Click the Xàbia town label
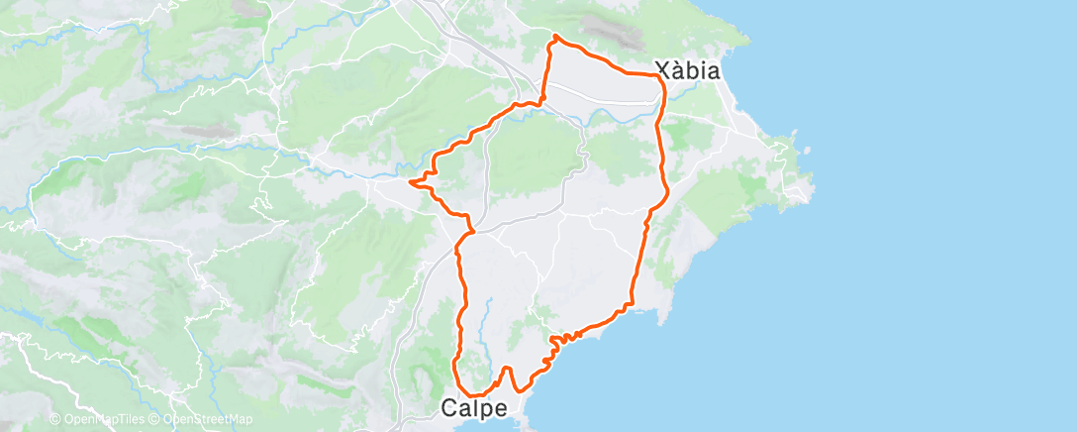pos(688,70)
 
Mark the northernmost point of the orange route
pos(555,36)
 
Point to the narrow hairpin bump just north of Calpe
pos(506,370)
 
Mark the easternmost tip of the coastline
pos(812,184)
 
